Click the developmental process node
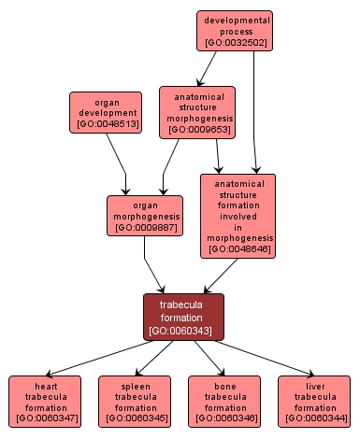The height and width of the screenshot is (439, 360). [x=234, y=31]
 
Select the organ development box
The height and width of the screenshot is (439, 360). [x=106, y=111]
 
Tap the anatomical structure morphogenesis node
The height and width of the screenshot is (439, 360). [x=196, y=112]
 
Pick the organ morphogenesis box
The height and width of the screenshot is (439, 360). [x=144, y=215]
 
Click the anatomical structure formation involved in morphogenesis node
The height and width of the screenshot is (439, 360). [x=238, y=216]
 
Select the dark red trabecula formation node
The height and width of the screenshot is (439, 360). [x=184, y=317]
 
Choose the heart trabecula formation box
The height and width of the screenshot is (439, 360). [x=46, y=401]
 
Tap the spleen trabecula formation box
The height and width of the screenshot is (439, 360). [x=135, y=401]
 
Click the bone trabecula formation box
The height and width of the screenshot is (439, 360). [x=224, y=401]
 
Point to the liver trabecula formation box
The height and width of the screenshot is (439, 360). [x=314, y=401]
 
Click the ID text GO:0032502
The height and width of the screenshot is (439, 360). [x=234, y=42]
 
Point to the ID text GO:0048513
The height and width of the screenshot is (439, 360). [x=106, y=122]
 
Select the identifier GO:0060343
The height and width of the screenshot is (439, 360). [x=184, y=330]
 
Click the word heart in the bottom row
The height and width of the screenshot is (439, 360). [x=46, y=385]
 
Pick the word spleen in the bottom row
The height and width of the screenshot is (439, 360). [x=135, y=385]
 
